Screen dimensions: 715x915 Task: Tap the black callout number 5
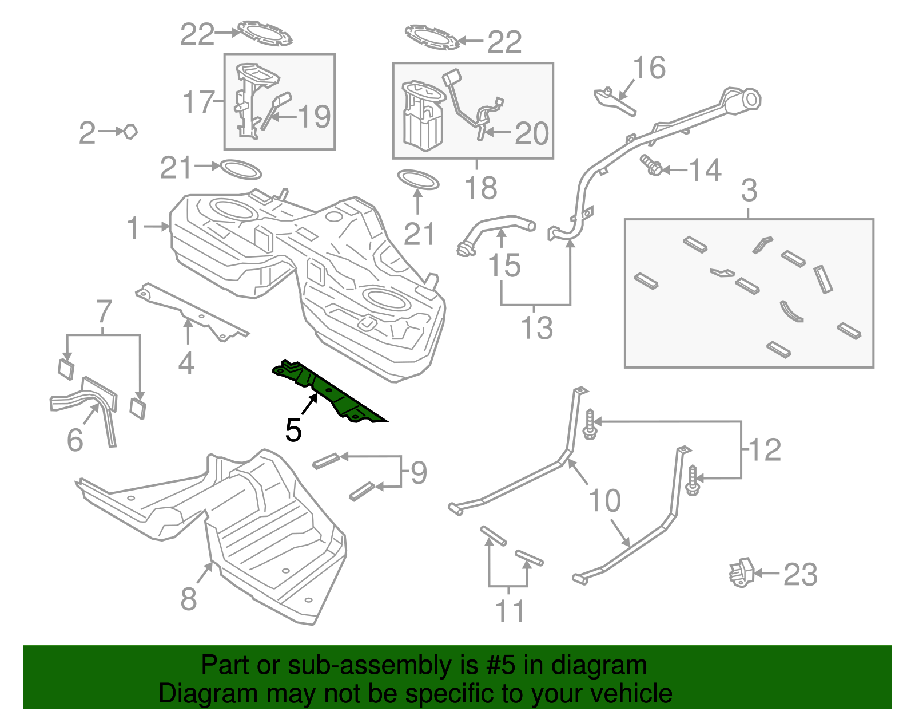(x=293, y=430)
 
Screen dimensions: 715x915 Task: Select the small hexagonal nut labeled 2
(x=131, y=132)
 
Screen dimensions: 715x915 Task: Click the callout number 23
(x=800, y=575)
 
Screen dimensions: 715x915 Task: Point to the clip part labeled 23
(x=741, y=572)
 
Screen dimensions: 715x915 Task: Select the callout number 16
(x=650, y=68)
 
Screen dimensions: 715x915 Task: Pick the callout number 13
(x=536, y=328)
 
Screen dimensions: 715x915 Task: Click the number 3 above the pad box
(x=749, y=190)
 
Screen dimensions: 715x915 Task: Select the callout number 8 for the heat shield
(x=189, y=599)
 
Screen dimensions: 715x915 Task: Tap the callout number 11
(x=510, y=611)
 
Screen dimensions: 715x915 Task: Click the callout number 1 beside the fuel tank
(x=133, y=228)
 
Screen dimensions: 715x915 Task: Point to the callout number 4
(x=186, y=363)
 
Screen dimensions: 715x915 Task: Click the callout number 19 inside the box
(x=315, y=117)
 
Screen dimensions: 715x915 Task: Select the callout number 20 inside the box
(x=532, y=134)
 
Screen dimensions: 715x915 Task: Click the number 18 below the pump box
(x=481, y=188)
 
